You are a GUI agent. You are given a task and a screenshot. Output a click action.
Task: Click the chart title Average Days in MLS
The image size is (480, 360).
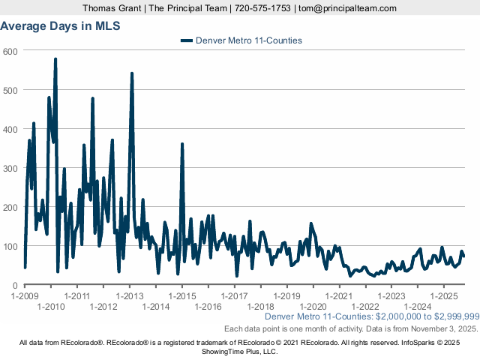click(x=61, y=25)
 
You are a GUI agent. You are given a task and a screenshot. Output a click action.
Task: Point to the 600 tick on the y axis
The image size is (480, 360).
click(x=11, y=51)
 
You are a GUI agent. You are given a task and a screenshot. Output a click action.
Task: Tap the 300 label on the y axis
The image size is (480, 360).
click(x=11, y=168)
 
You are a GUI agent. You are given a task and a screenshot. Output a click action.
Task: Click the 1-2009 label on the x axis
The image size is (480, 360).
click(x=25, y=296)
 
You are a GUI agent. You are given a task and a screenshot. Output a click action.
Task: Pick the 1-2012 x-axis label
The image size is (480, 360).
click(x=103, y=307)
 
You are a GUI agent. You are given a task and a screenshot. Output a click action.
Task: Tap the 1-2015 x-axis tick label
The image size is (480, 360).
click(x=182, y=296)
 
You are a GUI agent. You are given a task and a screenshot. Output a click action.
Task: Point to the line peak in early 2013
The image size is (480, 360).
click(x=132, y=73)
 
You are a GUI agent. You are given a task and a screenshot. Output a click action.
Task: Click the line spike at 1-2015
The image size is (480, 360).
click(x=182, y=144)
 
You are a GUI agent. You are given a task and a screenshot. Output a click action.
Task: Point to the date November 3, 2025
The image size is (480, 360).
click(x=444, y=328)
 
